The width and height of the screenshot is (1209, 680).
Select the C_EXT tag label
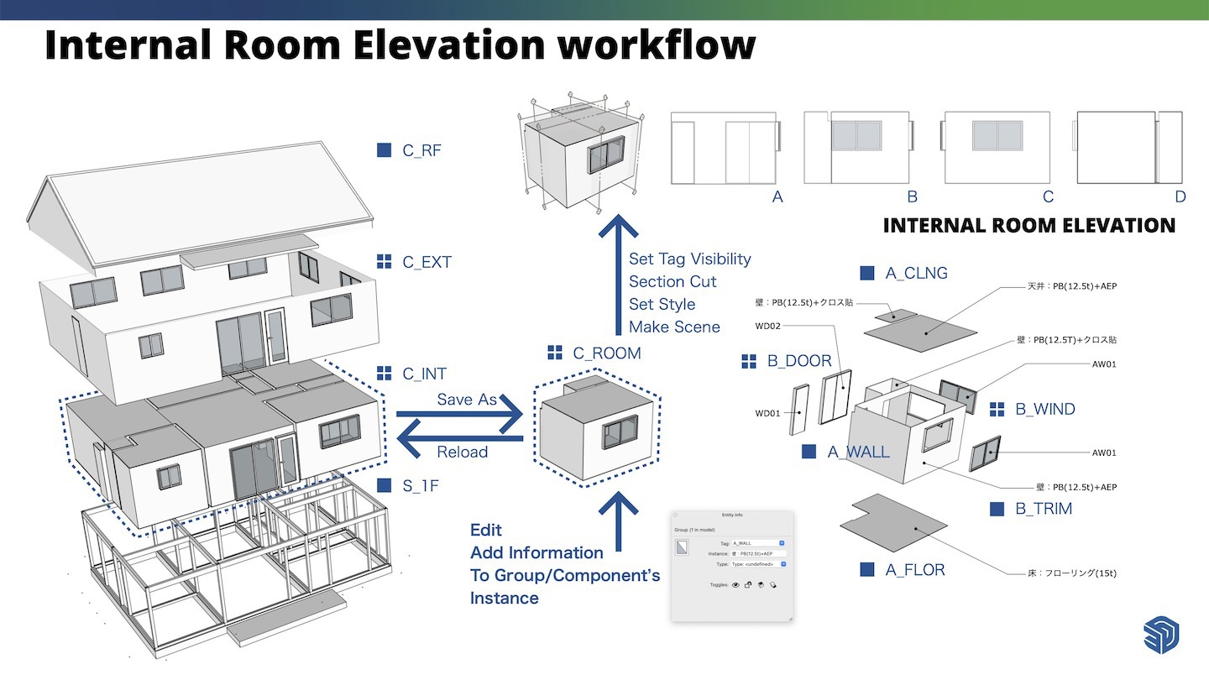(427, 262)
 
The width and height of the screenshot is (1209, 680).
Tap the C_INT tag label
(424, 374)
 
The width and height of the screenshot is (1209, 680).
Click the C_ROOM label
(606, 353)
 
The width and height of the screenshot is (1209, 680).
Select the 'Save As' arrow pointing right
(460, 414)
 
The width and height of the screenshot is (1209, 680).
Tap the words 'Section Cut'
(673, 281)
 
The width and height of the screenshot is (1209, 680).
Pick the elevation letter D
(1180, 196)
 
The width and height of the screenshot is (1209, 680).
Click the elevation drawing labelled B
(856, 148)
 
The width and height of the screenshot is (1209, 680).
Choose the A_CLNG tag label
(916, 273)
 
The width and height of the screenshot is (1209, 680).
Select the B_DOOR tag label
(798, 362)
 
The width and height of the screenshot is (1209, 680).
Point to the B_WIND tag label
(1044, 410)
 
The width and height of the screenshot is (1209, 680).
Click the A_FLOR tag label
(914, 570)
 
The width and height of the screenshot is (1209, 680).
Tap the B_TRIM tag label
(1043, 509)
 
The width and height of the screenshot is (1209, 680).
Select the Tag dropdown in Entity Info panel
(758, 543)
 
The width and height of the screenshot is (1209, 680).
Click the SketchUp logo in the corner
(1161, 635)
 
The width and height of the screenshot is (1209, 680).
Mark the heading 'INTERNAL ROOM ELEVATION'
(1028, 225)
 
